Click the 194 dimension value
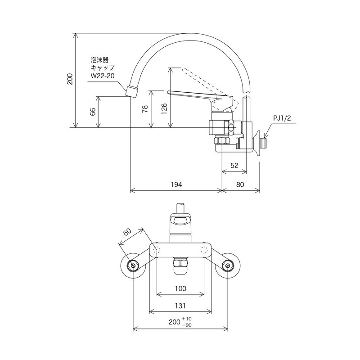pos(176,184)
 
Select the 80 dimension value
pos(240,184)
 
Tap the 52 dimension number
pos(234,166)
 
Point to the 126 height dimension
pos(164,109)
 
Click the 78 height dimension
pos(145,109)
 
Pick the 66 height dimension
pos(93,112)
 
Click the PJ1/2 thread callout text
pos(282,118)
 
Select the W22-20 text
pos(103,76)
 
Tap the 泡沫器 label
pos(99,60)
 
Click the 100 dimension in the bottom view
pos(180,288)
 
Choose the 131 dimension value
pos(180,306)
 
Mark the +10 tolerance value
pos(187,319)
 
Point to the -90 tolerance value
pos(187,325)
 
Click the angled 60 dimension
pos(127,232)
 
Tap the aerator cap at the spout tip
pos(132,91)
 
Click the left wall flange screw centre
pos(133,265)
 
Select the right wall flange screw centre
pos(228,265)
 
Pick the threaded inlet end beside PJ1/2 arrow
pos(264,142)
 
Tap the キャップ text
pos(103,68)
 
